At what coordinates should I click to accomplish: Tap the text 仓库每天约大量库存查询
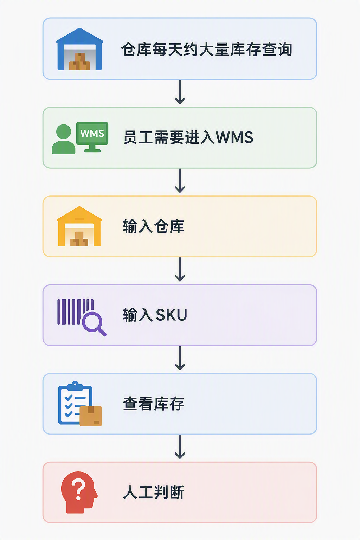[207, 50]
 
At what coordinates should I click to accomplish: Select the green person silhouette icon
[63, 139]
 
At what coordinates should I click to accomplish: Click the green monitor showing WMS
[92, 137]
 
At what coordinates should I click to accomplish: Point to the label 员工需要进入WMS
[188, 137]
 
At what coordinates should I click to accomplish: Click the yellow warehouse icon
[79, 226]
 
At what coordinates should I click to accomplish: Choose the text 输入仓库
[154, 226]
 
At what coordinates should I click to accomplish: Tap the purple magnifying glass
[94, 324]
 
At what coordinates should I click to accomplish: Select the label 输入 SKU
[155, 315]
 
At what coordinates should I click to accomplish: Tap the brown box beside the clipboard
[91, 416]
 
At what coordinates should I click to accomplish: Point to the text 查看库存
[154, 404]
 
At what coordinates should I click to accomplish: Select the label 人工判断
[154, 493]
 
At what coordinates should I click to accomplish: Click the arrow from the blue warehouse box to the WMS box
[180, 92]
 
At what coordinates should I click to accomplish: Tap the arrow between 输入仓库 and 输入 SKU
[180, 270]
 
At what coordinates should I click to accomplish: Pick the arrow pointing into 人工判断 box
[180, 447]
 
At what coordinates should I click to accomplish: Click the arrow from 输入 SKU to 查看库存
[180, 358]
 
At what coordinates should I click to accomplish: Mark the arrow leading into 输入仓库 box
[180, 181]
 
